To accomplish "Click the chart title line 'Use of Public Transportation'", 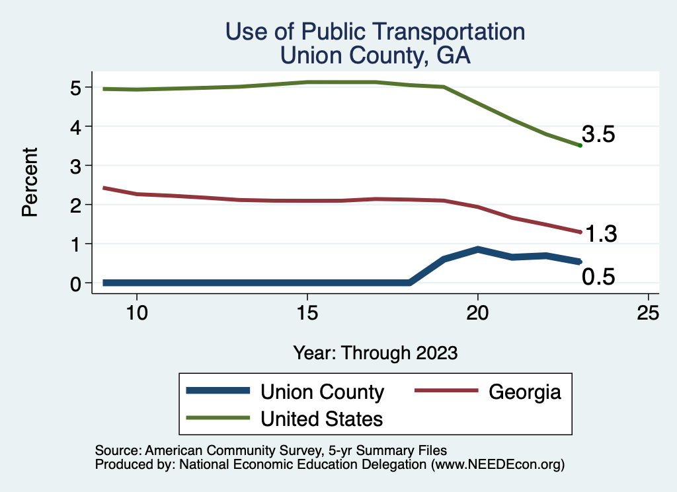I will click(x=375, y=32).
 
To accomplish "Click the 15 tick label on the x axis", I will click(x=307, y=312).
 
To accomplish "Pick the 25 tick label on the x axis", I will click(x=648, y=312).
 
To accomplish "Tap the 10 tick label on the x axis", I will click(x=137, y=312).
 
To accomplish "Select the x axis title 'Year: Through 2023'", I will click(x=375, y=353).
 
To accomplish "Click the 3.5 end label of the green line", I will click(x=599, y=135).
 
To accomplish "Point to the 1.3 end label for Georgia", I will click(x=600, y=234).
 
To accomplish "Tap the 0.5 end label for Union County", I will click(x=598, y=277).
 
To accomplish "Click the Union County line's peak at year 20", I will click(x=477, y=250).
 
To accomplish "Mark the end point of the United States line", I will click(x=580, y=145).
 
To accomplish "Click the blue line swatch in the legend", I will click(x=219, y=392).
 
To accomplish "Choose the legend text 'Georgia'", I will click(x=525, y=392).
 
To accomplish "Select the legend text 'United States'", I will click(x=322, y=418).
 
